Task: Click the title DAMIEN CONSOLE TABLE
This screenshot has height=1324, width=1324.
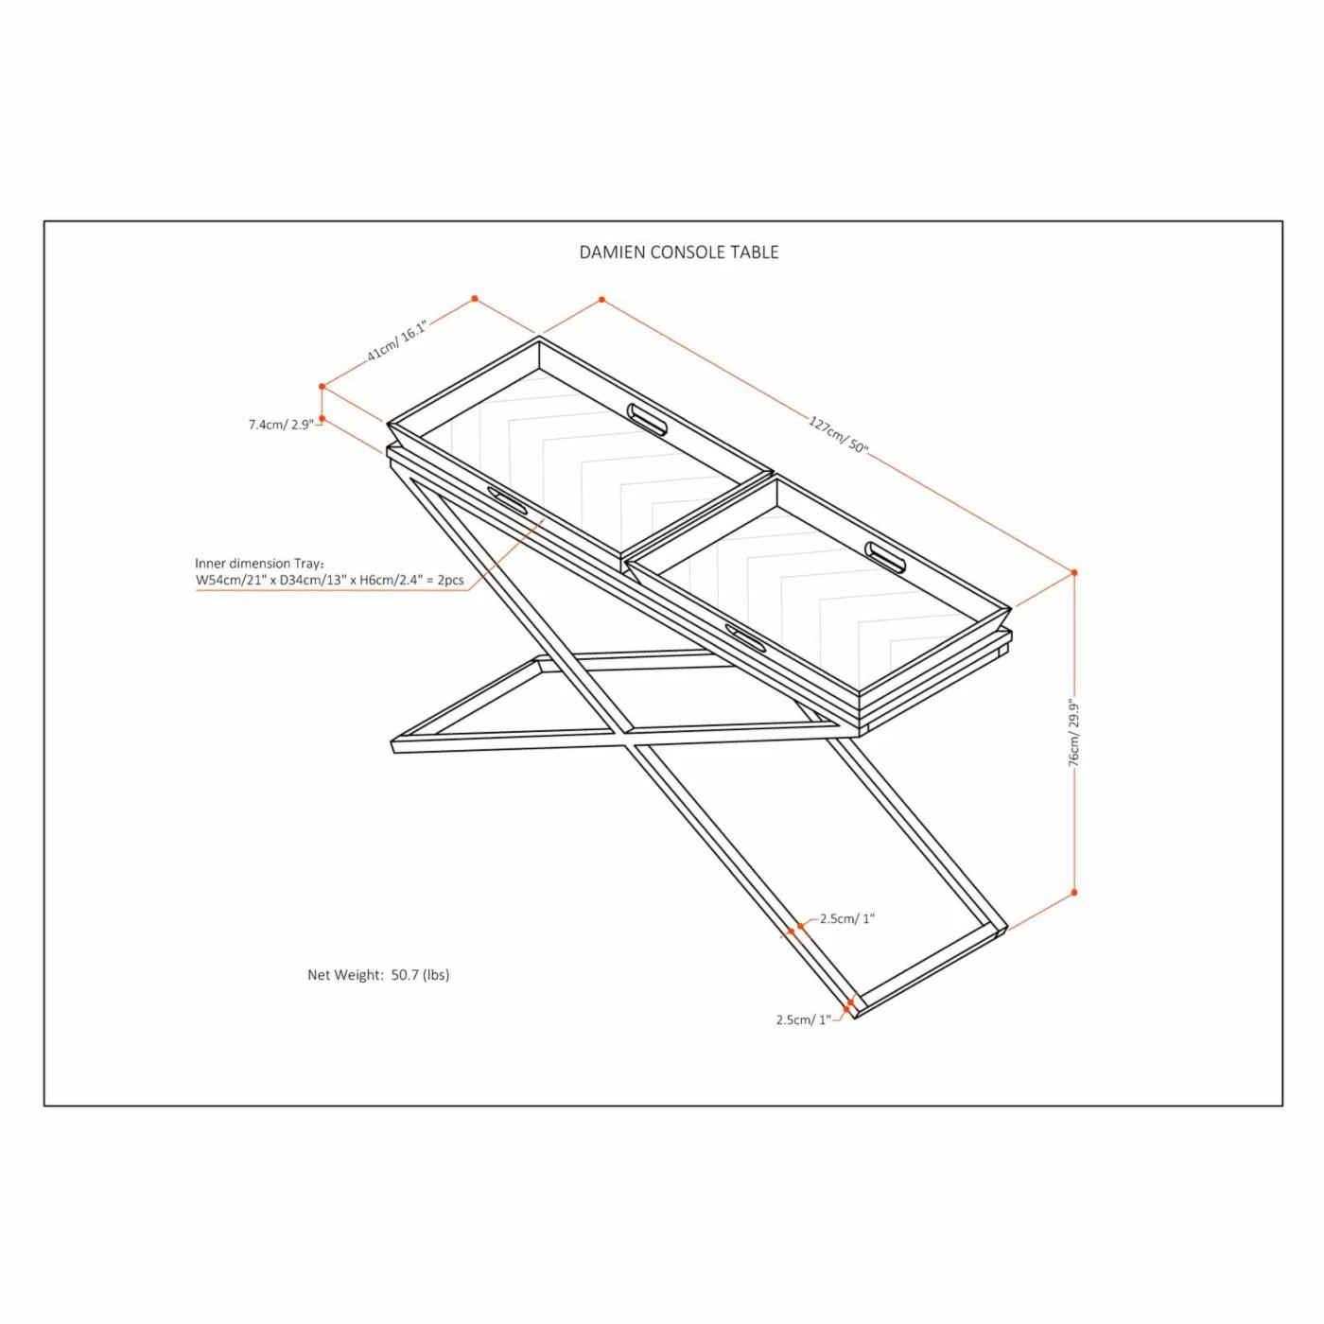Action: click(678, 253)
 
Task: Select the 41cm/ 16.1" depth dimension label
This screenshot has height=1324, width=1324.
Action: click(396, 340)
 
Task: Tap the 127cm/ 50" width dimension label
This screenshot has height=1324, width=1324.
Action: click(838, 434)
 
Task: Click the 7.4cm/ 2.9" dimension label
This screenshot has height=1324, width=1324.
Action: click(281, 425)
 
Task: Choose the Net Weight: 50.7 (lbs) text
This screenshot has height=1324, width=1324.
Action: click(378, 974)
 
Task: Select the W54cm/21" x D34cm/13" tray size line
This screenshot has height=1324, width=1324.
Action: click(330, 580)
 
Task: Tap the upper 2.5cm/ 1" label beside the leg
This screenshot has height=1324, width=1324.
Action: click(847, 918)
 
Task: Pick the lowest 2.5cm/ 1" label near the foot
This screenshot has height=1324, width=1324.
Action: click(803, 1019)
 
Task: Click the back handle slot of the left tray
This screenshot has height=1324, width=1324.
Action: click(647, 418)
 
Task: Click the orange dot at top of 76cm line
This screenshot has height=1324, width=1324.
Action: click(1074, 572)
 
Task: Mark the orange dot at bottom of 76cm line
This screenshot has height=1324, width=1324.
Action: click(1074, 893)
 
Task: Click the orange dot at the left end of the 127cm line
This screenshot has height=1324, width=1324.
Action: click(601, 300)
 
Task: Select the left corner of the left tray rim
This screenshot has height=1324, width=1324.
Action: click(388, 425)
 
